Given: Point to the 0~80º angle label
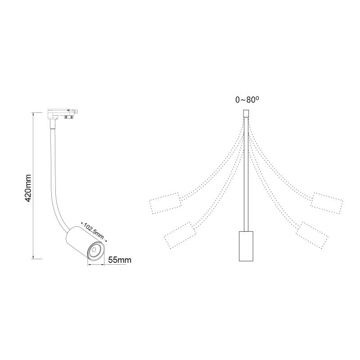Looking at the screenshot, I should pos(247,100).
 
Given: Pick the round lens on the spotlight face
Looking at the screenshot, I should pos(96,251).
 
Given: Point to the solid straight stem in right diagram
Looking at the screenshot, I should pos(246,180).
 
